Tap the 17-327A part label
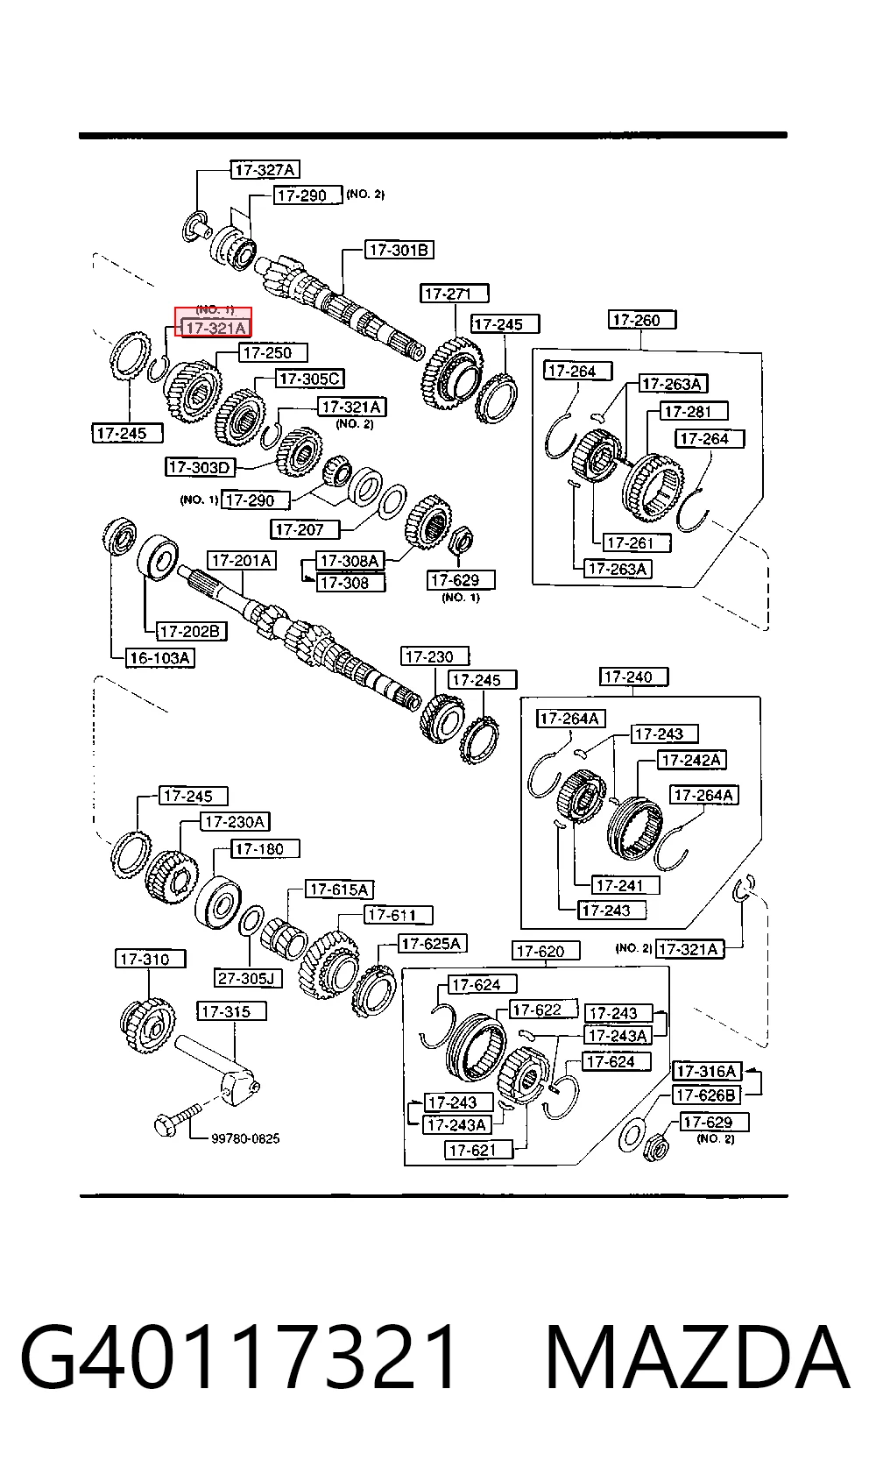(265, 170)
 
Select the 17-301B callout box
(399, 250)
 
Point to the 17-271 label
(454, 294)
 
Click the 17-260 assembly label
(641, 321)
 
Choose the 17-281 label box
(694, 411)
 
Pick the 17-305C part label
(309, 379)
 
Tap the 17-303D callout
(200, 467)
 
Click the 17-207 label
(305, 529)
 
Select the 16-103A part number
(159, 658)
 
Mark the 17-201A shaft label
(242, 561)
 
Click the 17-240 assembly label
(633, 677)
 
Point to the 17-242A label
(691, 760)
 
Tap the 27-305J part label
(248, 979)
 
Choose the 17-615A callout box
(339, 889)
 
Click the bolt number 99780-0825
(244, 1138)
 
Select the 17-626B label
(706, 1095)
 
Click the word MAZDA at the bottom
(697, 1357)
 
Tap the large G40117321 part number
(238, 1357)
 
